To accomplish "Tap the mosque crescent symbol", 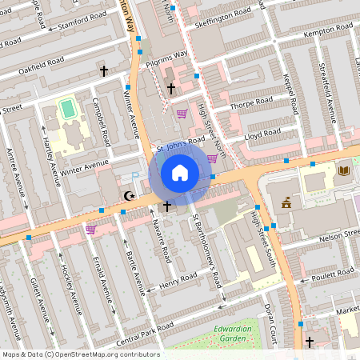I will point(127,195).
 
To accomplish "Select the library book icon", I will point(345,170).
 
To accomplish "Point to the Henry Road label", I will point(178,281).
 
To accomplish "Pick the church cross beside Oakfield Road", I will point(103,71).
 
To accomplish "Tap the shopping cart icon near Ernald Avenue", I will point(91,230).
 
